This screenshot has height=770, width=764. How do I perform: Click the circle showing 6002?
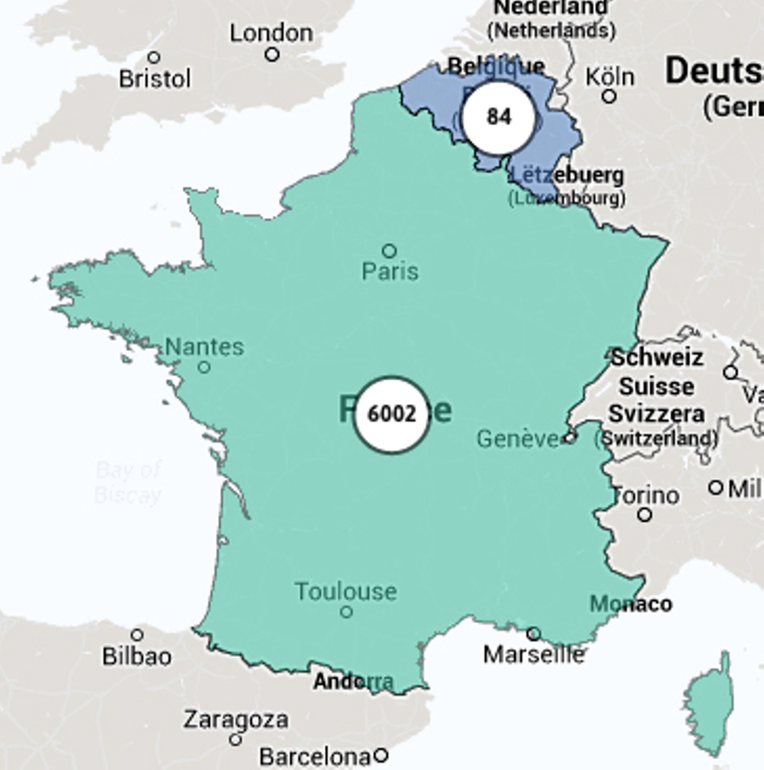(391, 415)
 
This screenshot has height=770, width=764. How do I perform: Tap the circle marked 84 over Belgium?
(498, 117)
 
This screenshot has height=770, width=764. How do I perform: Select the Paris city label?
(390, 272)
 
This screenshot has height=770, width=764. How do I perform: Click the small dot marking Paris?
(389, 251)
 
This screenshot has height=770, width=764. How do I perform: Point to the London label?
(271, 33)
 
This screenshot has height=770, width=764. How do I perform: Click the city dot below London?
(272, 54)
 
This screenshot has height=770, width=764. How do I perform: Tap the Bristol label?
(155, 79)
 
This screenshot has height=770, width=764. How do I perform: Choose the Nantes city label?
(204, 347)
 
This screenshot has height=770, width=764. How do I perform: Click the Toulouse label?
(346, 591)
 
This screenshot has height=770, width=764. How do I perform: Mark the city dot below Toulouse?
(346, 612)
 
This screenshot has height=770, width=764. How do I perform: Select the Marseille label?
(534, 655)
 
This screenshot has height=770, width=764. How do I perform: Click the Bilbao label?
(137, 656)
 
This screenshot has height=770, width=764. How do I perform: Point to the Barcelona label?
(315, 756)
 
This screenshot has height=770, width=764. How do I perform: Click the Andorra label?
(354, 682)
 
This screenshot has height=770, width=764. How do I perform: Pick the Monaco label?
(630, 604)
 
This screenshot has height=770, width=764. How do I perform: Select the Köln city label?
(609, 77)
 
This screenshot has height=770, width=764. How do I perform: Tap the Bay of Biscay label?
(128, 483)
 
